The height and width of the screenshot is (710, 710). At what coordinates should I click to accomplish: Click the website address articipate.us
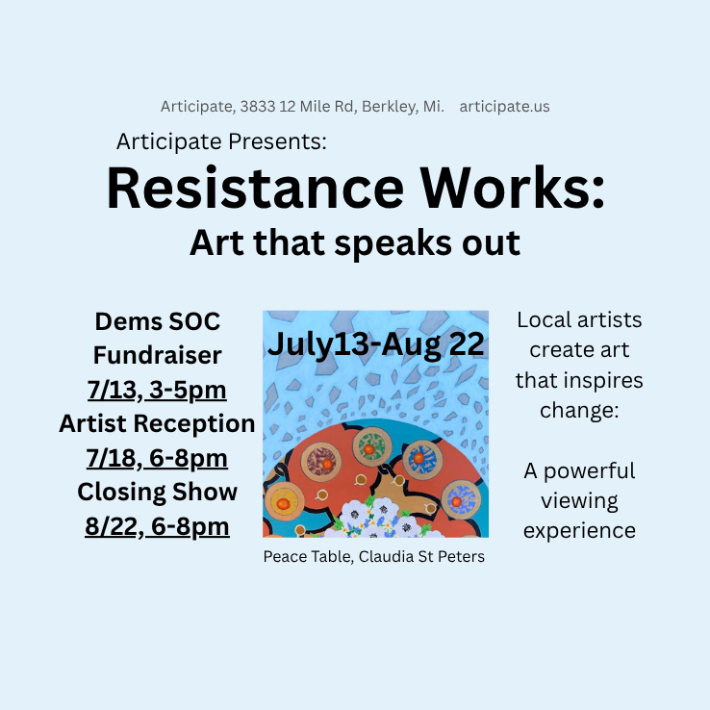pos(504,107)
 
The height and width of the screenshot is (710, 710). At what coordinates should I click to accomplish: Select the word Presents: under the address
pos(277,141)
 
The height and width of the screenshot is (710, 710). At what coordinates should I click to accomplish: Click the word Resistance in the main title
pos(255,188)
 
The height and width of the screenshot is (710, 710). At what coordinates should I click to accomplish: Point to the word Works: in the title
pos(513,188)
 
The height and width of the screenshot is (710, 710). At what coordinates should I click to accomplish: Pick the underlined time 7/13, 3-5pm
pos(157,390)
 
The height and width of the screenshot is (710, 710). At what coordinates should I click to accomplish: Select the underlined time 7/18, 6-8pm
pos(157,458)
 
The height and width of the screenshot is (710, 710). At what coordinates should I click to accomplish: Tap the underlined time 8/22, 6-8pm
pos(157,526)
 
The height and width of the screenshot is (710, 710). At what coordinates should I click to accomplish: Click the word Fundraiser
pos(157,355)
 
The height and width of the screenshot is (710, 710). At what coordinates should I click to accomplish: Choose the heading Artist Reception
pos(157,424)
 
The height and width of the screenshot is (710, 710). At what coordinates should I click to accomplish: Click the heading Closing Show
pos(157,493)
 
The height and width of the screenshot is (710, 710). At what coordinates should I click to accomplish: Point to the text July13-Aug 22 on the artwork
pos(376,344)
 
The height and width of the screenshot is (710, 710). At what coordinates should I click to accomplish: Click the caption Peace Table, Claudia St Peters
pos(374,556)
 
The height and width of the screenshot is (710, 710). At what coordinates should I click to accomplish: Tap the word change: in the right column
pos(579,411)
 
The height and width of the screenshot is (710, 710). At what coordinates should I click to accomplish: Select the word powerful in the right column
pos(589,471)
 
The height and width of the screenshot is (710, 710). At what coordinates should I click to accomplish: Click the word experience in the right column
pos(579,531)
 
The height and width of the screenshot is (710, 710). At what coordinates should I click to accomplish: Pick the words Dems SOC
pos(157,321)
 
